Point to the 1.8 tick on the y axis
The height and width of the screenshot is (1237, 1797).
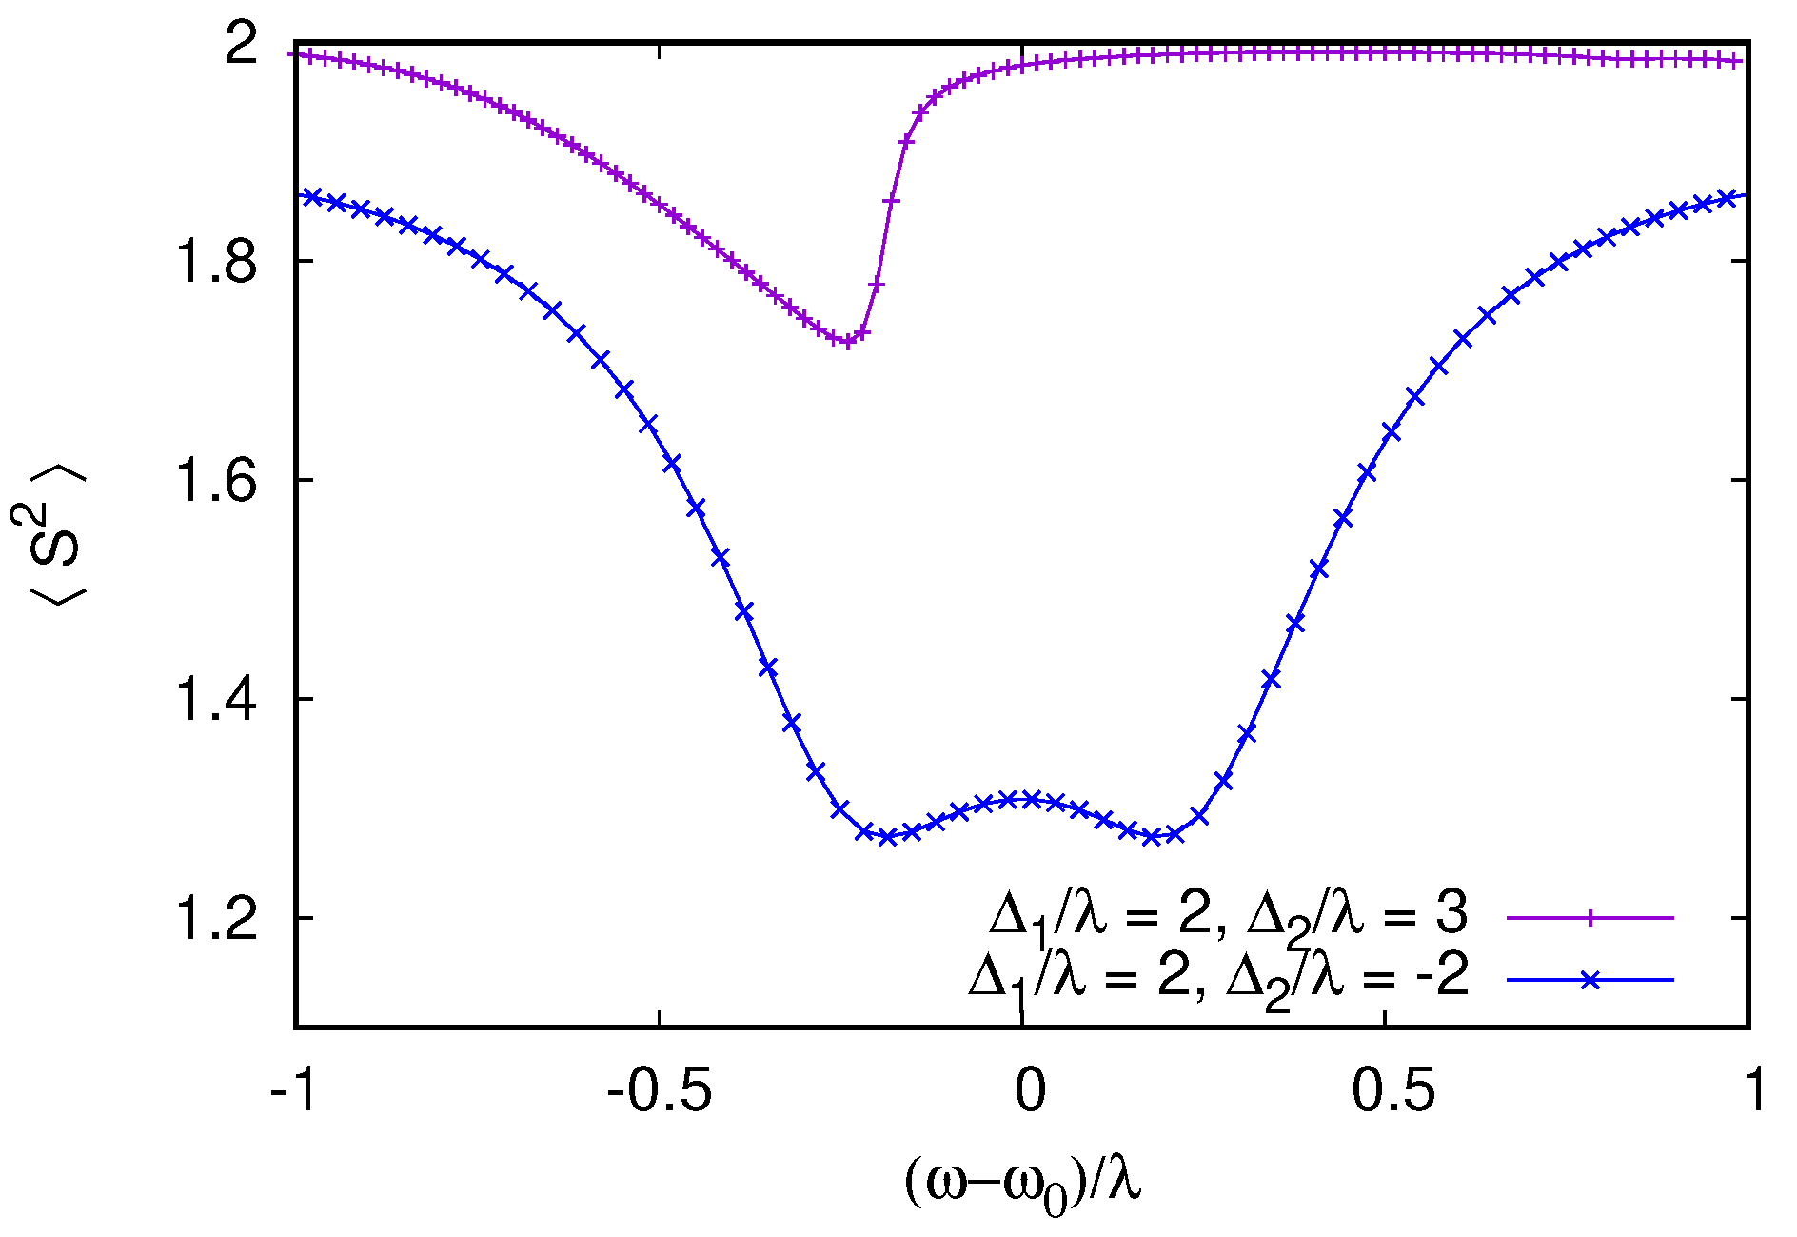[x=217, y=262]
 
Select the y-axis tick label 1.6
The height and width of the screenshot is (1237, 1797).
[x=217, y=481]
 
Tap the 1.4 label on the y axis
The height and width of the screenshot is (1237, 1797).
[x=217, y=700]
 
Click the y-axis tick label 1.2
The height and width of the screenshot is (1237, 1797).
[x=217, y=919]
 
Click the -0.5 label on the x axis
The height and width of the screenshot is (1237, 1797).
[x=659, y=1090]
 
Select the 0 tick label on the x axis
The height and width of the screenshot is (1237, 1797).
[x=1029, y=1090]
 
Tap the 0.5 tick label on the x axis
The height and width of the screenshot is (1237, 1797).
[x=1392, y=1090]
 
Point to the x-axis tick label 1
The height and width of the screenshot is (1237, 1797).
[x=1754, y=1090]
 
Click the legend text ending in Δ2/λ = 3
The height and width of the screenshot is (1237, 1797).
[x=1228, y=915]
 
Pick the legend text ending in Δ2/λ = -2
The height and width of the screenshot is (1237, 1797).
[x=1218, y=978]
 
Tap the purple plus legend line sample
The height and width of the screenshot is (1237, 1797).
[x=1589, y=917]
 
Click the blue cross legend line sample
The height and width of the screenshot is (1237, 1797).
[x=1589, y=979]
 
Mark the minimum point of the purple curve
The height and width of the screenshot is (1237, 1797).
[x=846, y=342]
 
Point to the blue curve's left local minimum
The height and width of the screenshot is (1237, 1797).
[x=887, y=837]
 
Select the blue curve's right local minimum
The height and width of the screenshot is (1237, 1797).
[x=1153, y=837]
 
